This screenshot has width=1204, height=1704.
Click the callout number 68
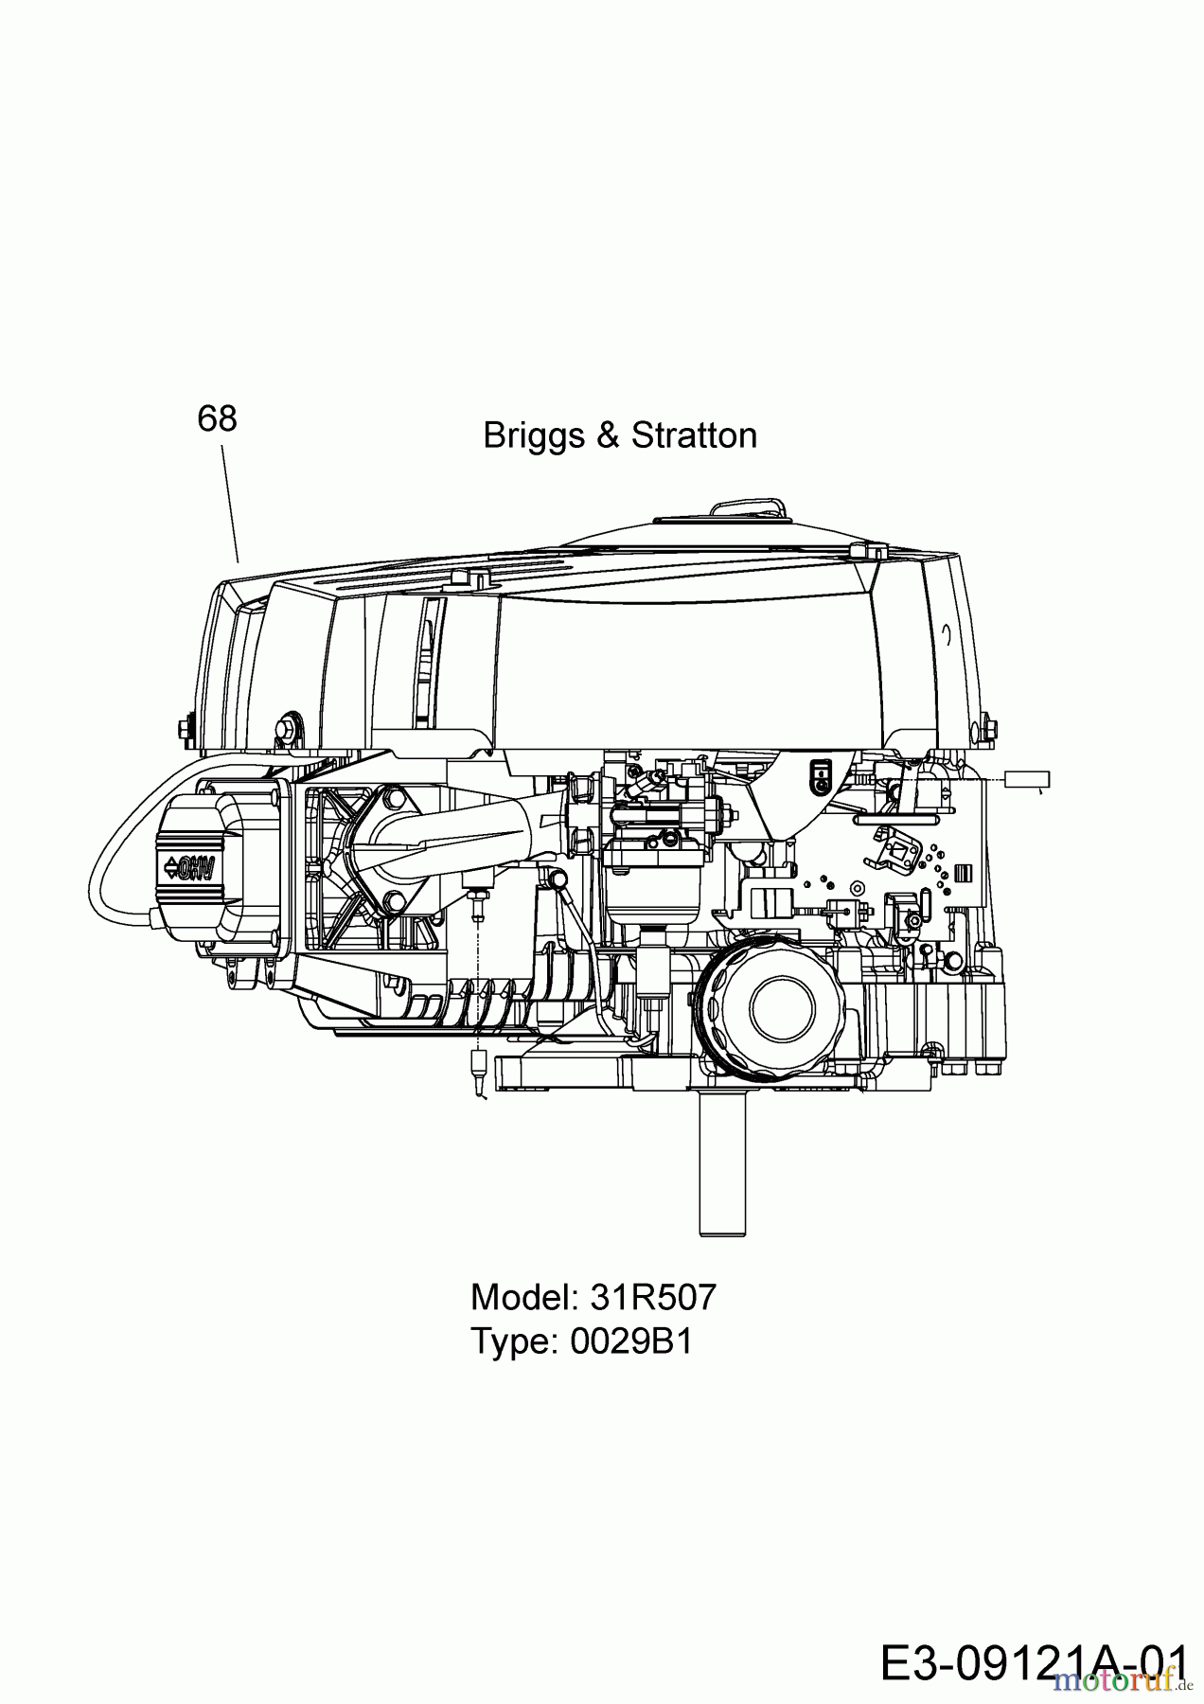[x=217, y=418]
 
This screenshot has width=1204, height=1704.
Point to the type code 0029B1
[x=631, y=1340]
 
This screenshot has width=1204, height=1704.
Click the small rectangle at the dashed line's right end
[x=1027, y=780]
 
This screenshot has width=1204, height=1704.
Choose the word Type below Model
[x=515, y=1340]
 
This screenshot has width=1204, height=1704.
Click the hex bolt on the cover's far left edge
[x=184, y=728]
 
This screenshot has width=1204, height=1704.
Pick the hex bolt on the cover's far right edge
[x=990, y=728]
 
